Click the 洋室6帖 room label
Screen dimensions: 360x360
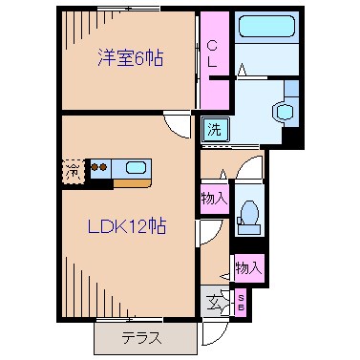click(128, 58)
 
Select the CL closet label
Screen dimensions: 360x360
click(213, 53)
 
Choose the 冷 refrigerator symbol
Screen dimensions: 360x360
click(74, 171)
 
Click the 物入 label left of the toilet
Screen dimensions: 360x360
click(214, 200)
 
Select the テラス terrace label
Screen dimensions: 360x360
click(139, 336)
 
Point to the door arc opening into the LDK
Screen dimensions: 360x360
click(205, 233)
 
